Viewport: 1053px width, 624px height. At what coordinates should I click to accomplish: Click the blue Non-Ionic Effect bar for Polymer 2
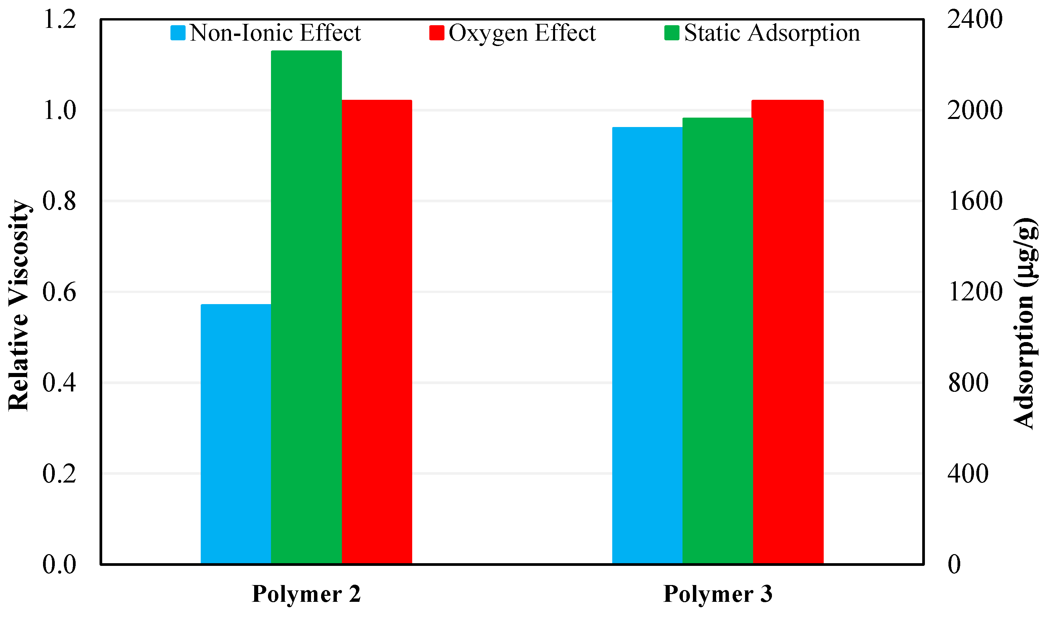(236, 433)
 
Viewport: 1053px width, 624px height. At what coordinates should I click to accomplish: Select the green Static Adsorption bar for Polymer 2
(306, 307)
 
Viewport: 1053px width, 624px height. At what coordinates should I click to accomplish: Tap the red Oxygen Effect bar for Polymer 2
(377, 332)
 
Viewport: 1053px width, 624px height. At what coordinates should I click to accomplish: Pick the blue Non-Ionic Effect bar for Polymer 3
(647, 345)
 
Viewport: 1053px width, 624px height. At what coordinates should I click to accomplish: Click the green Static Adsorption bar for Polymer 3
(717, 341)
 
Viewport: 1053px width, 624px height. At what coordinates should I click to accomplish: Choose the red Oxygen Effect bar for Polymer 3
(787, 332)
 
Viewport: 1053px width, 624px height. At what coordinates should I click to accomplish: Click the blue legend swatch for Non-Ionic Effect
(178, 33)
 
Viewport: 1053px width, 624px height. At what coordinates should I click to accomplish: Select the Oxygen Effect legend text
(522, 33)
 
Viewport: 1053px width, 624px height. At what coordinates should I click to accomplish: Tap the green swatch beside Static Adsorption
(671, 33)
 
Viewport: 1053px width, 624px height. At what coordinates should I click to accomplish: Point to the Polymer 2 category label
(306, 594)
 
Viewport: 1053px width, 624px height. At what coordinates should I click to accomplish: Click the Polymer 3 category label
(718, 594)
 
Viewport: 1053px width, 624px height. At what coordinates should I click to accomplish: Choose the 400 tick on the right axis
(968, 473)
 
